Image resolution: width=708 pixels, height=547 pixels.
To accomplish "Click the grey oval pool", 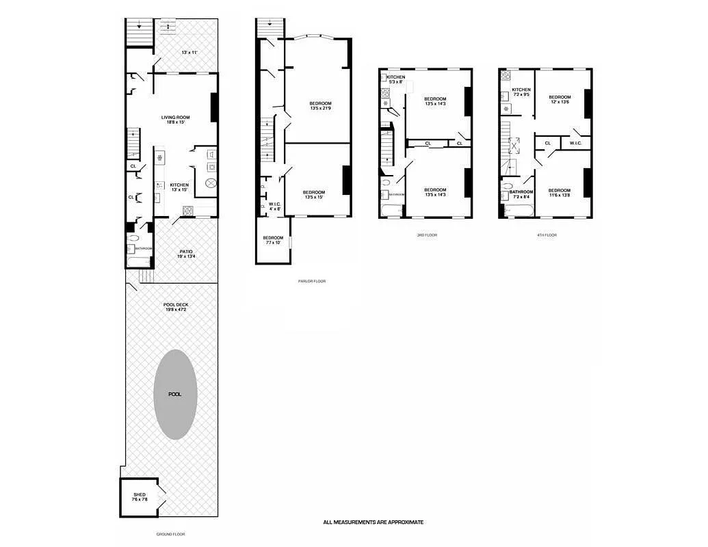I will pos(175,395).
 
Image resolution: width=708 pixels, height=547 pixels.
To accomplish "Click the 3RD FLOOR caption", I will pos(426,235).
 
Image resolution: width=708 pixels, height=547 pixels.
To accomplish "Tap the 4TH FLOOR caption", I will pos(547,235).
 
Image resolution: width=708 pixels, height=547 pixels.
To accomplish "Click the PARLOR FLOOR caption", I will pos(312,281).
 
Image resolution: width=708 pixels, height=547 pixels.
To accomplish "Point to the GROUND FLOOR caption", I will pos(171,534).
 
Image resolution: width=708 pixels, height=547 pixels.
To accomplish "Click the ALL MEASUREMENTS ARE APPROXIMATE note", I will pos(373,522).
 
